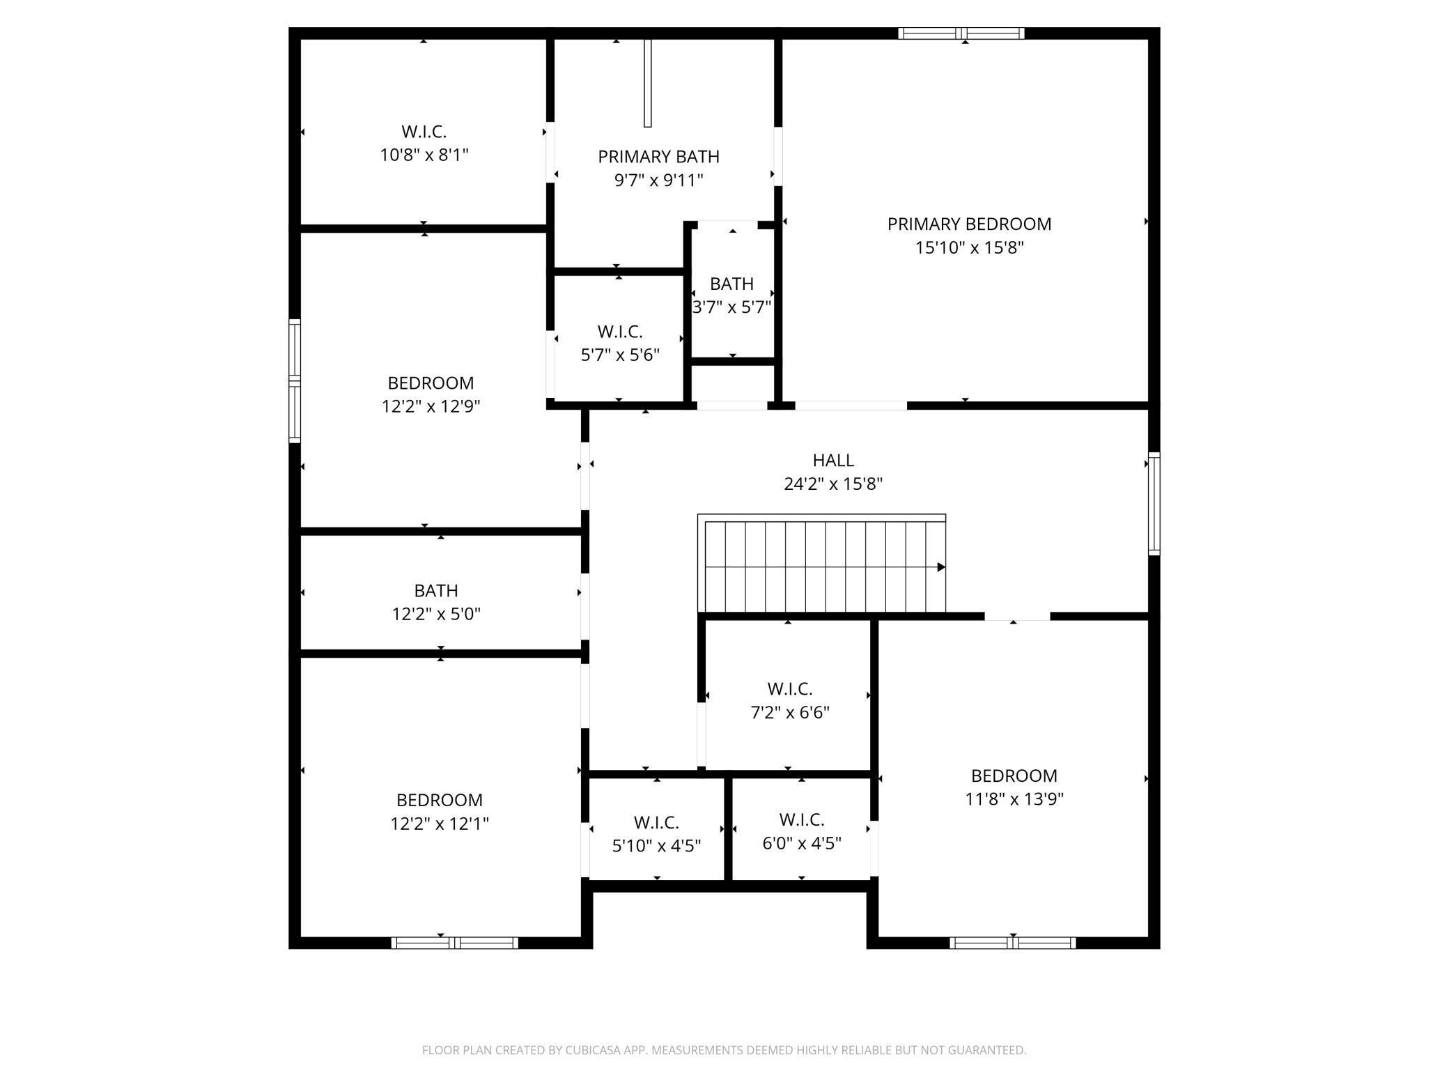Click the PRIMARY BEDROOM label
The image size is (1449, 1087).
[969, 224]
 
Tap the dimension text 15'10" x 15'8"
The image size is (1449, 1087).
[969, 248]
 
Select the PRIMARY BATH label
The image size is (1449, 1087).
[658, 157]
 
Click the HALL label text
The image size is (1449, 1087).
[833, 460]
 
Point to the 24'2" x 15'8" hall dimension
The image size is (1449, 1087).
[833, 484]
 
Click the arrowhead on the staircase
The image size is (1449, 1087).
[941, 567]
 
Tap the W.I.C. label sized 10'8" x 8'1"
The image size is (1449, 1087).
[424, 131]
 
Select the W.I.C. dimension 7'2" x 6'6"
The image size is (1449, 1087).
[789, 713]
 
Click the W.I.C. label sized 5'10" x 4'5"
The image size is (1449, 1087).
[656, 822]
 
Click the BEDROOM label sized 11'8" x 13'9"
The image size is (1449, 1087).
[1014, 776]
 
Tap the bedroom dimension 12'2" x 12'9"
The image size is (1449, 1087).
[431, 406]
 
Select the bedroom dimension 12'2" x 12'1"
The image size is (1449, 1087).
[440, 824]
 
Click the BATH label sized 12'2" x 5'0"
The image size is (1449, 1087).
[436, 590]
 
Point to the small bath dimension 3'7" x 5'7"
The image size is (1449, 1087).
[731, 307]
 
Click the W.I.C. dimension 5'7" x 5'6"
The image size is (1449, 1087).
[620, 355]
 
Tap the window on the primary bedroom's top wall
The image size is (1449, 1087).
[961, 33]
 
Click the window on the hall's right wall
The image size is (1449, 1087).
[1154, 503]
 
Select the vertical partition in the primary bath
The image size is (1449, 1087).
[647, 84]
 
